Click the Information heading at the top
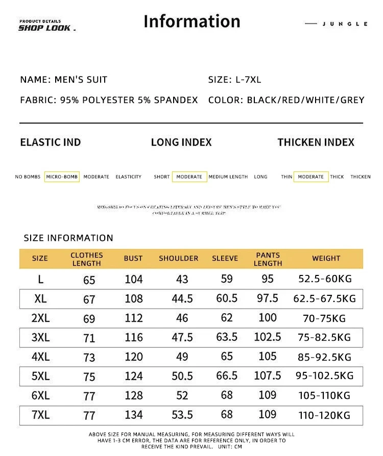click(192, 21)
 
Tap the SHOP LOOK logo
click(46, 28)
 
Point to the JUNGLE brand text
click(345, 24)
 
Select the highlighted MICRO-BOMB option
click(62, 177)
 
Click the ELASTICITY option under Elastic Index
click(128, 177)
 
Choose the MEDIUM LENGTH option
click(228, 177)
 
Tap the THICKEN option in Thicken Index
click(360, 177)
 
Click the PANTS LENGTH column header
click(268, 259)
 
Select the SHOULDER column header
click(178, 259)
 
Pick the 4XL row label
click(40, 357)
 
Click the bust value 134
click(133, 415)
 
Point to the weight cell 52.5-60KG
click(325, 279)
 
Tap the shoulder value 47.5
click(182, 338)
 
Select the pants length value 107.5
click(268, 376)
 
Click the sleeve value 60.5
click(227, 298)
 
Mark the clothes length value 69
click(89, 319)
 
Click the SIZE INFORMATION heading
click(68, 238)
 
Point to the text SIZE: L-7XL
click(234, 80)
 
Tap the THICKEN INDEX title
click(316, 142)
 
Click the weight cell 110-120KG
click(325, 415)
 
